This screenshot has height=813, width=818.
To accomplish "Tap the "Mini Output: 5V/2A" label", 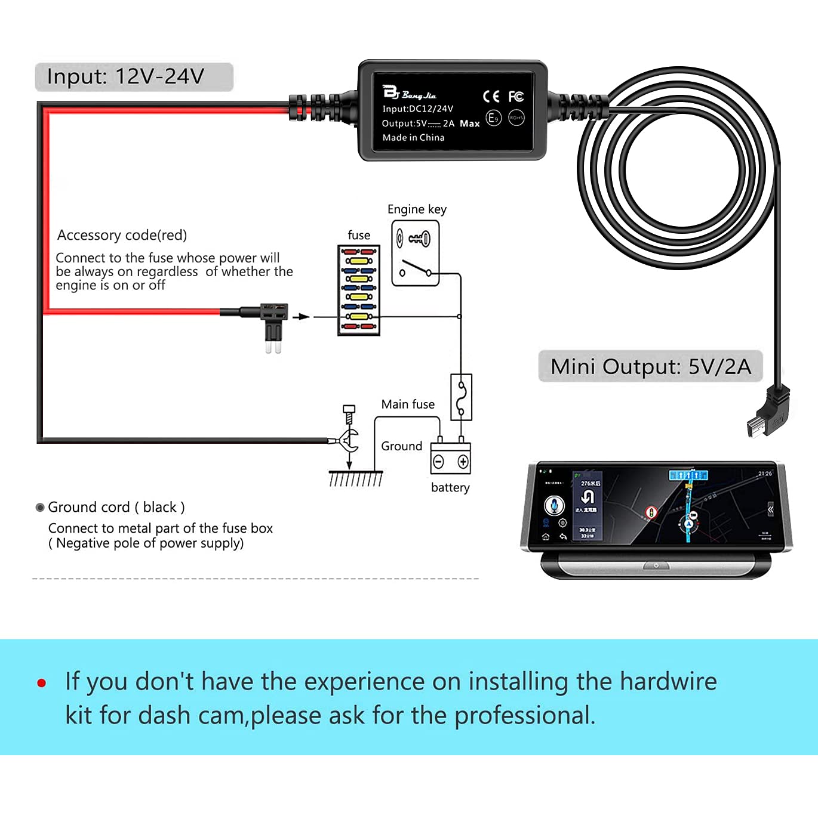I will (x=650, y=366).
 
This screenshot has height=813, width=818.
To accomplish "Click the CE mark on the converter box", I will (x=490, y=97).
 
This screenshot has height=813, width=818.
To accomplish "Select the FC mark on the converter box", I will (x=516, y=97).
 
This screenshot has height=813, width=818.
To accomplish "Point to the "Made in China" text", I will (x=413, y=138).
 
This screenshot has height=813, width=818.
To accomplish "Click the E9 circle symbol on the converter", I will (x=493, y=118).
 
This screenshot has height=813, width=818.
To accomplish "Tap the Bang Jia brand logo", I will (x=409, y=93).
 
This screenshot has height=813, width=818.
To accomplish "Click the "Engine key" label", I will (x=417, y=209).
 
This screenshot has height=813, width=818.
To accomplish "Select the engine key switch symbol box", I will (x=416, y=254).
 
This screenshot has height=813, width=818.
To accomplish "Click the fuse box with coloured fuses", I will (x=359, y=290).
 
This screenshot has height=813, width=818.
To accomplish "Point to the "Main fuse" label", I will (x=408, y=404).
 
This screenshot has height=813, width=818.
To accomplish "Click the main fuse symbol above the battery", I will (x=461, y=397).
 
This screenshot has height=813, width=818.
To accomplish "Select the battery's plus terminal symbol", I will (x=463, y=462).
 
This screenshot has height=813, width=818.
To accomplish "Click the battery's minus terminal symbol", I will (x=439, y=462).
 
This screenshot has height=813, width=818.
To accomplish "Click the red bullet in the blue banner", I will (x=42, y=683).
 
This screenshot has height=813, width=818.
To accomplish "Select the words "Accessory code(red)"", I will (x=122, y=236).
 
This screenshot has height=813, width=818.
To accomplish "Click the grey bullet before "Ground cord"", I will (x=40, y=508).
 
